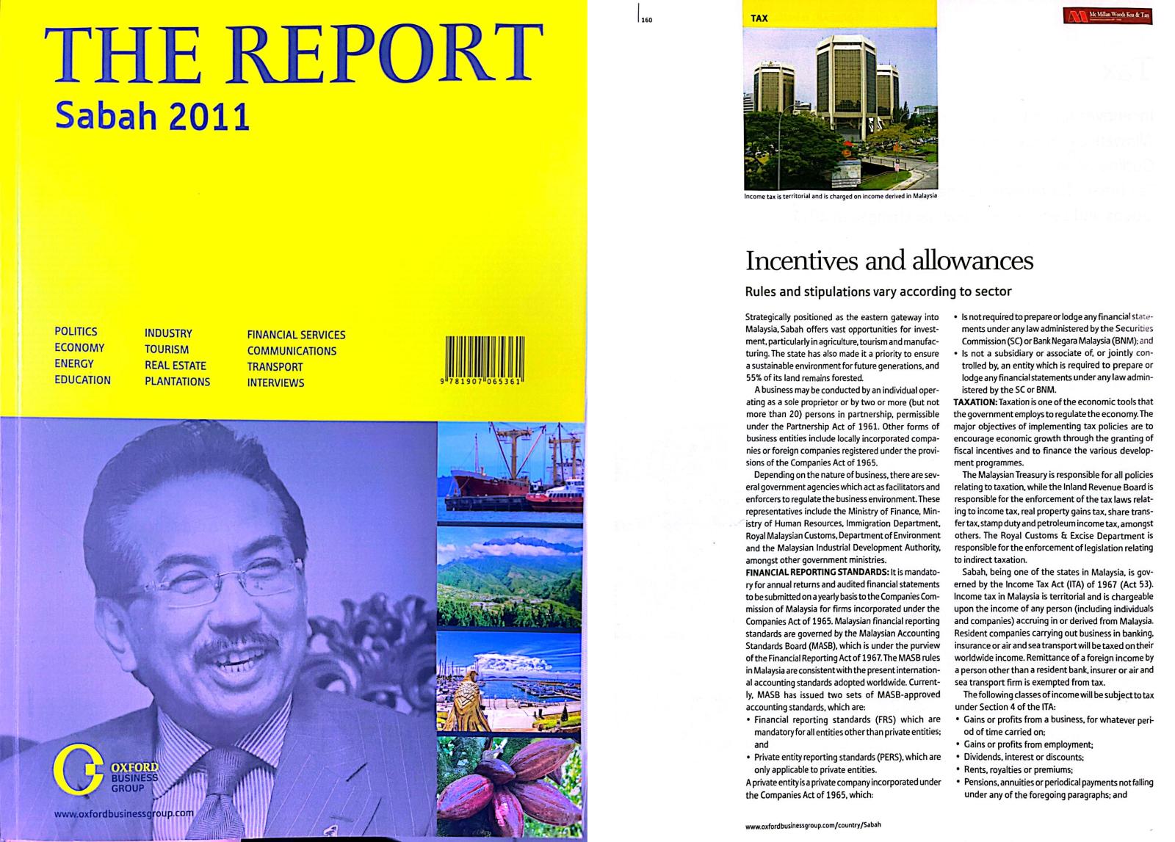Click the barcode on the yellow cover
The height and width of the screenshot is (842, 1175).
click(484, 361)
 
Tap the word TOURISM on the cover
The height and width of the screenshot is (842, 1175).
click(167, 349)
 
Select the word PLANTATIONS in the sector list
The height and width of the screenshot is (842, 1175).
click(177, 382)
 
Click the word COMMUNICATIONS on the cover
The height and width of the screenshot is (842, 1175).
click(292, 351)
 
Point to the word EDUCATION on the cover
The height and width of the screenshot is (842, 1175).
click(82, 380)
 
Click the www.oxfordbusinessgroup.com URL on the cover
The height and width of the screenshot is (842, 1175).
click(124, 813)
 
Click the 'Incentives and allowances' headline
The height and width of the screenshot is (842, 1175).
click(889, 261)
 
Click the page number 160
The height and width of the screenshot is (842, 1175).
click(646, 21)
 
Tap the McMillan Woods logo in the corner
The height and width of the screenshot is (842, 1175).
click(1107, 15)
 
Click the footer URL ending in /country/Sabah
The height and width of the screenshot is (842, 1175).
click(813, 824)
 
